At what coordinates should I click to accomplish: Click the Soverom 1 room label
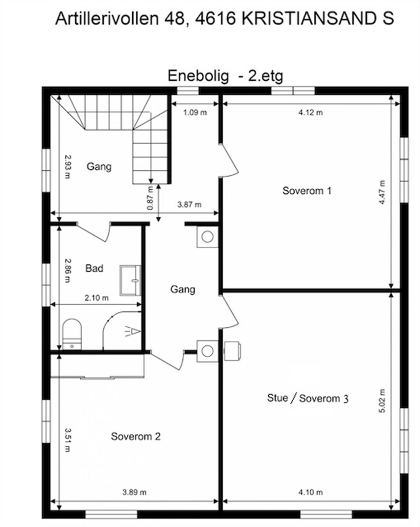307,191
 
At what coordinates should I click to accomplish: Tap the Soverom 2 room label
136,436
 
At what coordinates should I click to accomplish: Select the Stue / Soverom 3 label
307,398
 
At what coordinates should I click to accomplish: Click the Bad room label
94,268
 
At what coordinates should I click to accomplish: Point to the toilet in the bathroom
72,333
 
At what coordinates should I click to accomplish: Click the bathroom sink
131,280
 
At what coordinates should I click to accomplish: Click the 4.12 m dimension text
310,113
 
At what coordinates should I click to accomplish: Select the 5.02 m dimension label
382,401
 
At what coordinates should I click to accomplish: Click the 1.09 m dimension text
195,113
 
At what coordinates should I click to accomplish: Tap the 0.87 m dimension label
150,198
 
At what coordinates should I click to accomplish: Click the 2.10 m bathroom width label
96,298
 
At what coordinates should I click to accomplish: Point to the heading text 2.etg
265,76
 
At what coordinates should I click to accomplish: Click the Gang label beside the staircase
99,166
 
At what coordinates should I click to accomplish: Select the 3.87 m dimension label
189,205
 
